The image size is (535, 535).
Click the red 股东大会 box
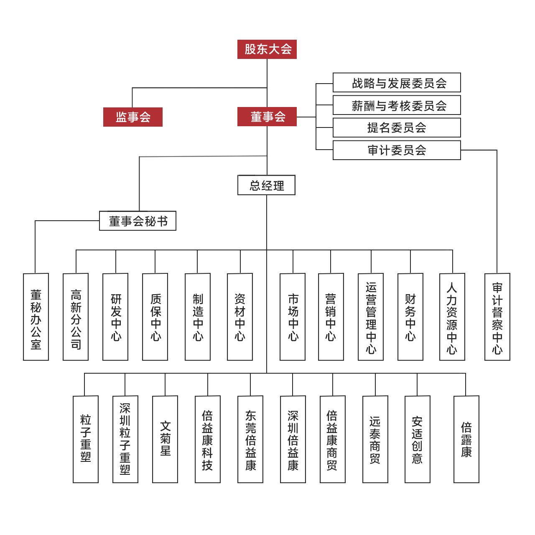tap(267, 49)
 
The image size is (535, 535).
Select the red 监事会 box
tap(133, 117)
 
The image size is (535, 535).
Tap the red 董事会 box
tap(267, 117)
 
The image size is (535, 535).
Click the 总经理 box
tap(267, 185)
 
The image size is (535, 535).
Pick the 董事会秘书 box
tap(138, 221)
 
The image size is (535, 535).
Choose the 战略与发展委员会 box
tap(397, 83)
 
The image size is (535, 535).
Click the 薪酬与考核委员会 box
tap(397, 105)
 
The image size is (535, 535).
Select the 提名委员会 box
tap(397, 127)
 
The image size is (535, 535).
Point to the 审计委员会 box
tap(397, 150)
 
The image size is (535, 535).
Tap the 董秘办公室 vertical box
tap(36, 317)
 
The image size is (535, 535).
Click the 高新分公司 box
tap(76, 317)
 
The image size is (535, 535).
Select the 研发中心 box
tap(115, 317)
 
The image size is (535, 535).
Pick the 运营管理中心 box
tap(371, 317)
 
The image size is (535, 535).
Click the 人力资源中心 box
tap(452, 317)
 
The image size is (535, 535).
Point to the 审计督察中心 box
tap(497, 317)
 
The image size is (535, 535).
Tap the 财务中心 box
tap(410, 317)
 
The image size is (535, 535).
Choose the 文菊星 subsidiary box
tap(165, 439)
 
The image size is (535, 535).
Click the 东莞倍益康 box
tap(250, 439)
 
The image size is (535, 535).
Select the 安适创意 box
tap(418, 439)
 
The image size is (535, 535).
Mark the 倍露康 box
tap(466, 439)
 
